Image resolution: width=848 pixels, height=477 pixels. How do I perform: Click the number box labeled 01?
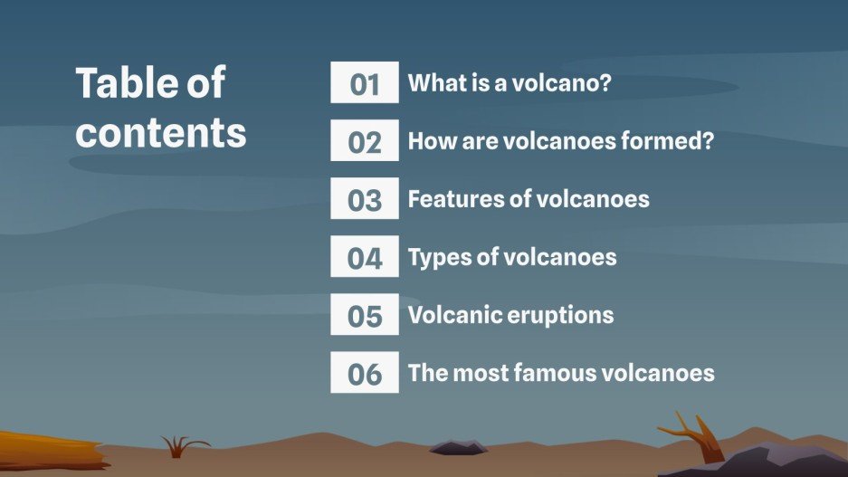(x=364, y=83)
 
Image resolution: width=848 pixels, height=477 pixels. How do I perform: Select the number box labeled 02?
(x=364, y=141)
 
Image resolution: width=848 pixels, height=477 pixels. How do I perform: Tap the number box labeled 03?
(x=364, y=199)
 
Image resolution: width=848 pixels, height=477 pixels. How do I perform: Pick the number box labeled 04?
(x=364, y=257)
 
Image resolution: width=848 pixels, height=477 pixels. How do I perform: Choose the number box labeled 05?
(x=364, y=315)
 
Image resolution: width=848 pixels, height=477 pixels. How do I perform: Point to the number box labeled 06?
(x=364, y=373)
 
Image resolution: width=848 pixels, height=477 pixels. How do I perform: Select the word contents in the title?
(x=161, y=132)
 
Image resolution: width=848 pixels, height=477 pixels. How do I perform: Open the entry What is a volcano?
(x=510, y=83)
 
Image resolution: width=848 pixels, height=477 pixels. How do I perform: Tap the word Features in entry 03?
(x=455, y=199)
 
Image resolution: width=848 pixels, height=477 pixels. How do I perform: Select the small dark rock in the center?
(x=458, y=446)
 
